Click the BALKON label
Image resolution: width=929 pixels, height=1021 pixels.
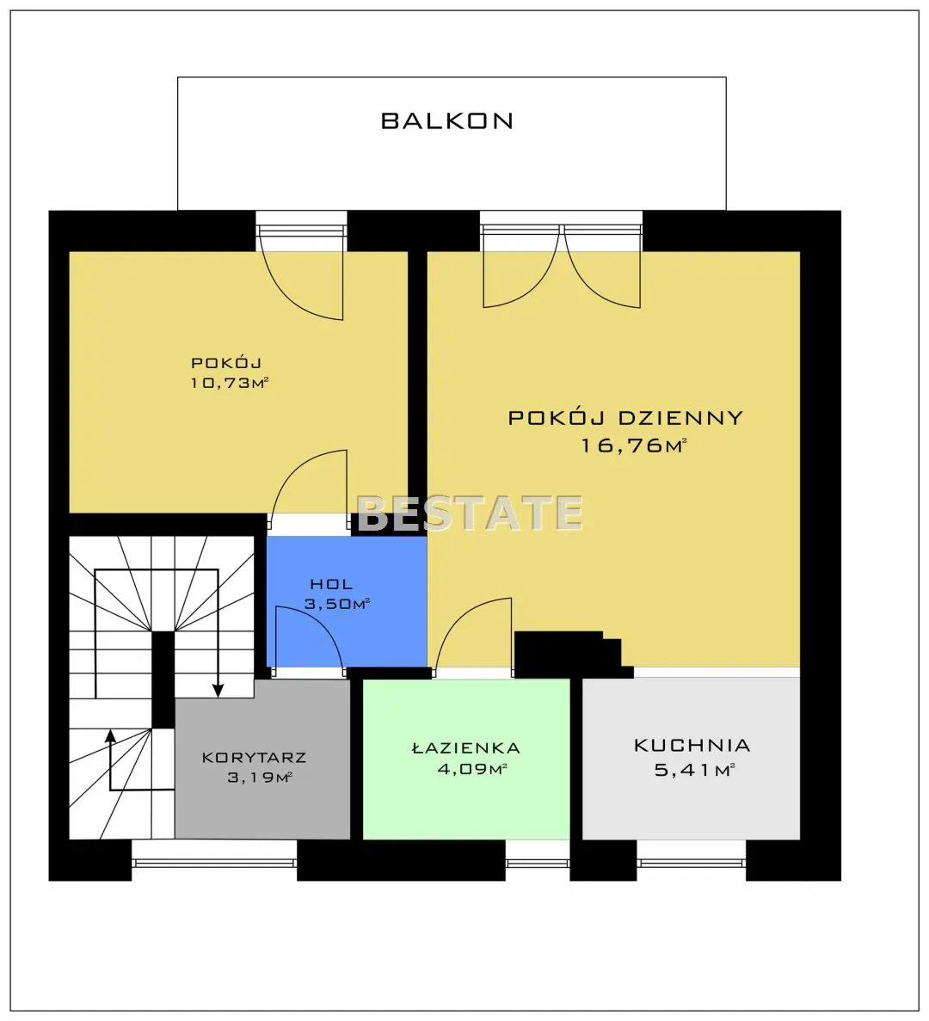(x=447, y=120)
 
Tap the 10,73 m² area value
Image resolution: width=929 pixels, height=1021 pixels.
(x=229, y=382)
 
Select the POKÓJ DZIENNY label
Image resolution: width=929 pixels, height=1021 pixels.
(x=625, y=417)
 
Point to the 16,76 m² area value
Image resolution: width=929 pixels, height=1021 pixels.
(x=633, y=446)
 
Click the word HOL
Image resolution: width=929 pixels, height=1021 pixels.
(x=331, y=584)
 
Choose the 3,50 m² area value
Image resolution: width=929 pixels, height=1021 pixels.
(x=337, y=604)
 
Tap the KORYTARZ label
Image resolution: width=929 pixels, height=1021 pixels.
(x=254, y=757)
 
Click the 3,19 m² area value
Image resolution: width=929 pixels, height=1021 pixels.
(x=259, y=777)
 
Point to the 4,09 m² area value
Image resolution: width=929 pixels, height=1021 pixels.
(x=472, y=769)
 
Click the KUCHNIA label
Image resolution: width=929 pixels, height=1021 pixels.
(x=692, y=746)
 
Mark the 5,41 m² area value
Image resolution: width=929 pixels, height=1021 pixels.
(x=694, y=771)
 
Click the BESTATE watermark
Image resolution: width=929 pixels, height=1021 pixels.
(x=470, y=513)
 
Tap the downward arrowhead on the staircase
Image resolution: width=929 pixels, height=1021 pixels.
(x=218, y=690)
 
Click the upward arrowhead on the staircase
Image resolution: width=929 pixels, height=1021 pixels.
(x=111, y=736)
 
